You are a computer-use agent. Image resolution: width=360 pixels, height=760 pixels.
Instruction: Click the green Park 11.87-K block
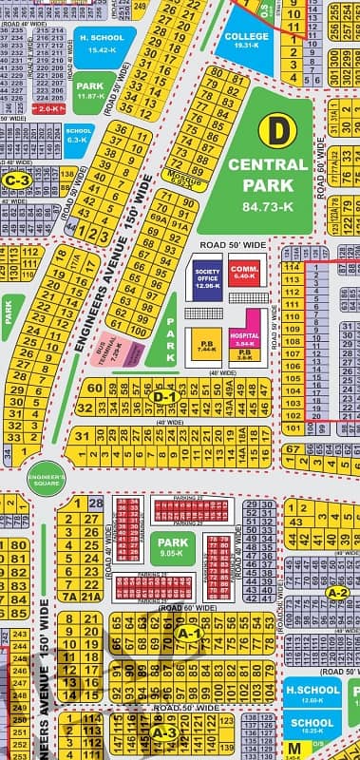[x=90, y=89]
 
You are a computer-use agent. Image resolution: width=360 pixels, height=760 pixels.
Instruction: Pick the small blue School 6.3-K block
[x=80, y=135]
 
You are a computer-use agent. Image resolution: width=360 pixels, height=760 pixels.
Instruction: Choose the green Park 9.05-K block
[x=172, y=545]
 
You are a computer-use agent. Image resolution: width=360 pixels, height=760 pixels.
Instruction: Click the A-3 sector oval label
[x=163, y=733]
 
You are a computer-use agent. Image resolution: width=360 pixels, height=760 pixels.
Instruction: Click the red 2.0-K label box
[x=48, y=109]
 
